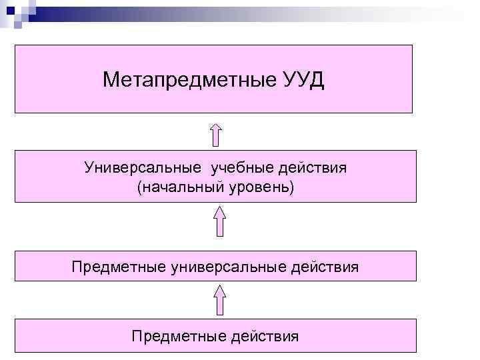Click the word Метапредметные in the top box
pyautogui.click(x=186, y=81)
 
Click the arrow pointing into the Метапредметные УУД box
pyautogui.click(x=215, y=133)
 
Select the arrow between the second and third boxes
pyautogui.click(x=219, y=221)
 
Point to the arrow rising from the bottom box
pyautogui.click(x=219, y=298)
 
